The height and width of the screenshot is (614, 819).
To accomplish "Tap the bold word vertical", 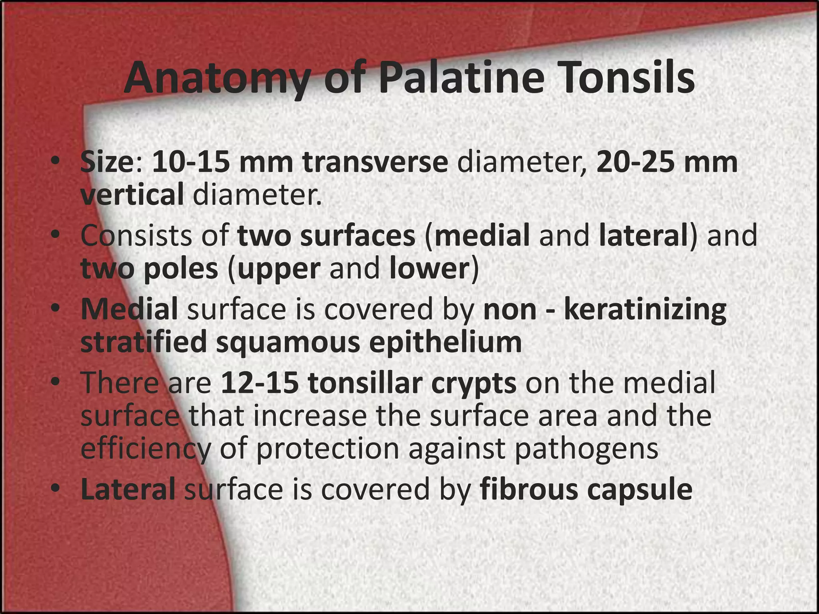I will pyautogui.click(x=132, y=195).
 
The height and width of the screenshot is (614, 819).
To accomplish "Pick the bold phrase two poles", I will pyautogui.click(x=149, y=269).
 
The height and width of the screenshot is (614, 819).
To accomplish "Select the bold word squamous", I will pyautogui.click(x=288, y=343).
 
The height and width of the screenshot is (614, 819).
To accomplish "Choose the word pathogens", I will pyautogui.click(x=586, y=449).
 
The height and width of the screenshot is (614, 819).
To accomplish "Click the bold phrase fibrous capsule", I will pyautogui.click(x=586, y=490).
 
